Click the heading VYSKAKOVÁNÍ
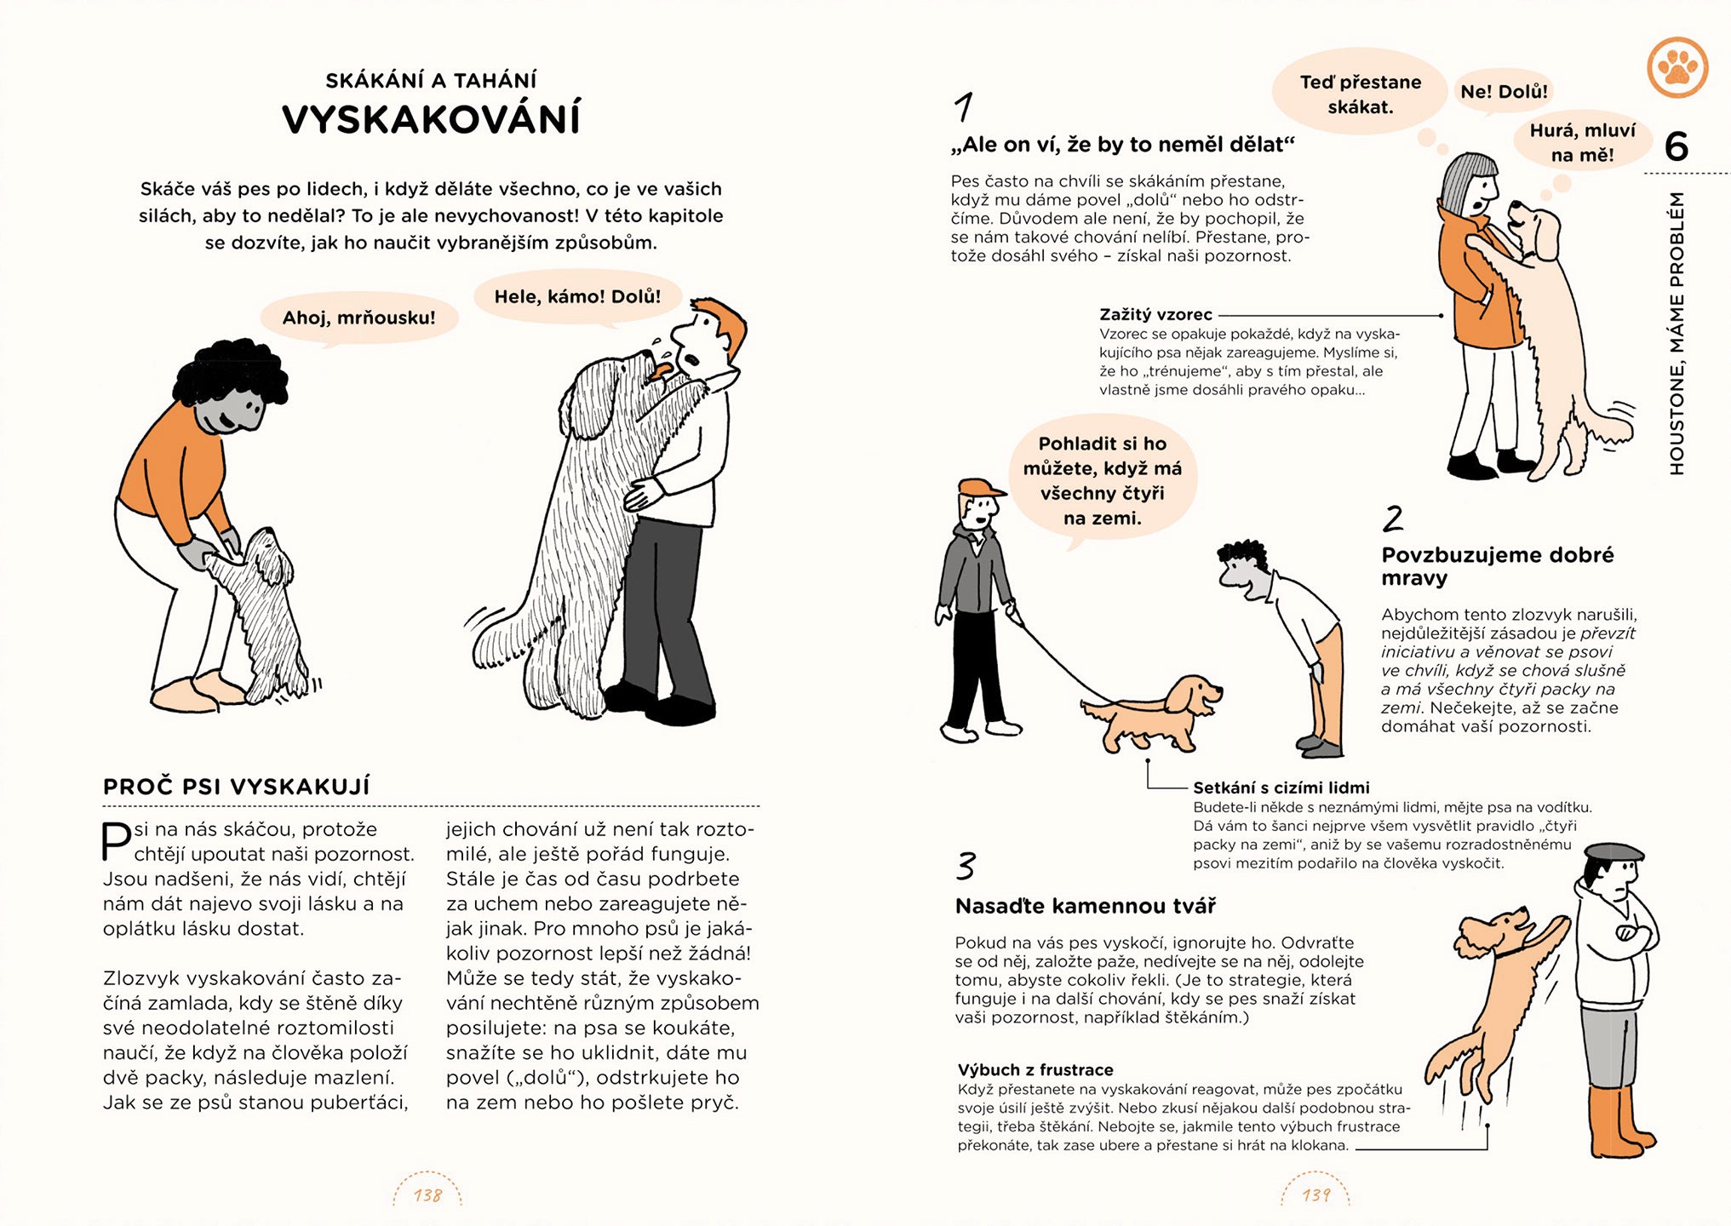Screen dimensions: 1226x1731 pos(431,118)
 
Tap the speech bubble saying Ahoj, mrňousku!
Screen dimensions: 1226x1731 pos(358,318)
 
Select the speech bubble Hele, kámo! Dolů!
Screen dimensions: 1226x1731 pos(577,297)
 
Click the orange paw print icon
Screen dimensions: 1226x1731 pos(1677,67)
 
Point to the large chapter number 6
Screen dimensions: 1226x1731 pos(1676,146)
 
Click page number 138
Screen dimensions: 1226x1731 pos(427,1195)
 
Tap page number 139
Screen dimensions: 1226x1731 pos(1315,1195)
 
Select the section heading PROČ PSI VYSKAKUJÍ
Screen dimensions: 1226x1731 pos(237,786)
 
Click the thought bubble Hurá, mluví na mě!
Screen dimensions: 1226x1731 pos(1582,142)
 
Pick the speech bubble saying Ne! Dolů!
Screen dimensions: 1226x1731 pos(1504,91)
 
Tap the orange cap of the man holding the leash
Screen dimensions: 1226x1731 pos(979,488)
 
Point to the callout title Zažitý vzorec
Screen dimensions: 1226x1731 pos(1155,314)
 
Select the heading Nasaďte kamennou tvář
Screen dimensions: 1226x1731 pos(1085,906)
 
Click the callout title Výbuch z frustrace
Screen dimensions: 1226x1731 pos(1035,1069)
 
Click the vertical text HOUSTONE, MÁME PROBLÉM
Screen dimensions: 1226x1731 pos(1677,332)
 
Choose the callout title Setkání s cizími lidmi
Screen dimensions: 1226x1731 pos(1281,788)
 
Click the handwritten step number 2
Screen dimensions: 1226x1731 pos(1392,518)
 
